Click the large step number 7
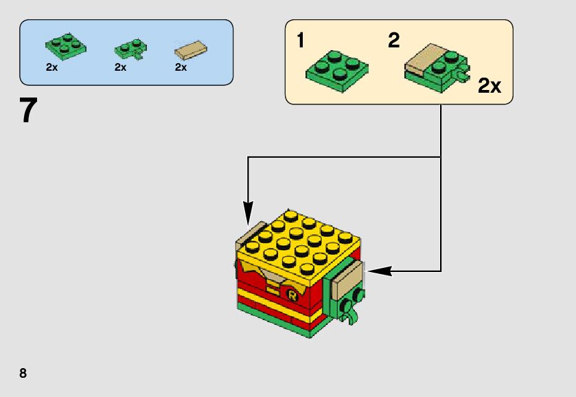click(x=28, y=111)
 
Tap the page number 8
click(x=23, y=373)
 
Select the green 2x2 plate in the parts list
click(x=67, y=45)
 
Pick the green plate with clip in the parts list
click(x=129, y=49)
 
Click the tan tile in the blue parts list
click(x=192, y=49)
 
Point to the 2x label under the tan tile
click(x=181, y=67)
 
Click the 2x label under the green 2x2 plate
click(x=52, y=67)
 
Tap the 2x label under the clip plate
click(x=121, y=67)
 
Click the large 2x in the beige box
click(x=489, y=86)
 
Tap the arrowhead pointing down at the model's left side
click(x=248, y=209)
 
